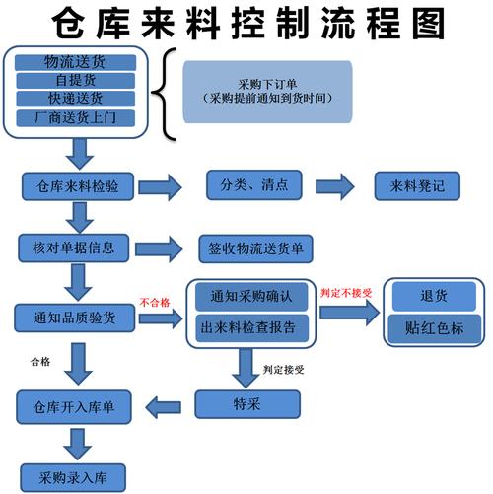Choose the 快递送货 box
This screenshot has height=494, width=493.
[x=74, y=99]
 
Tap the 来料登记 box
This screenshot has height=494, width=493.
[x=417, y=185]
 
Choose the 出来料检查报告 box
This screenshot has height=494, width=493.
[x=251, y=325]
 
